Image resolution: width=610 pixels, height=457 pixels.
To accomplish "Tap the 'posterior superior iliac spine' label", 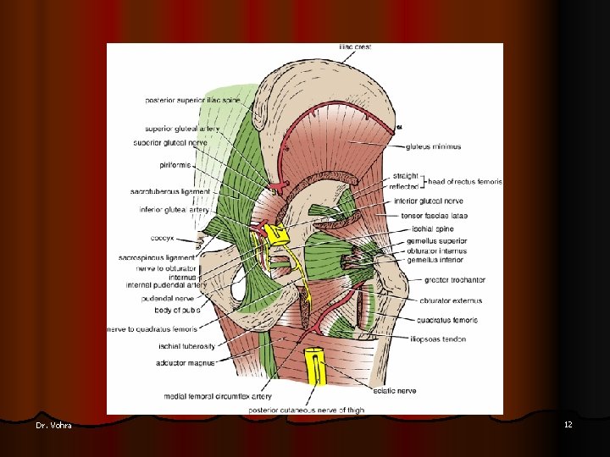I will click(192, 101).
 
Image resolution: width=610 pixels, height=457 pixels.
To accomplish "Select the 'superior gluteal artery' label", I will click(182, 129).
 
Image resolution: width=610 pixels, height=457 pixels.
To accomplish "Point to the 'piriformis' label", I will click(174, 164).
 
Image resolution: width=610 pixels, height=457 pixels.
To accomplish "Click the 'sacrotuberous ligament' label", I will click(169, 192).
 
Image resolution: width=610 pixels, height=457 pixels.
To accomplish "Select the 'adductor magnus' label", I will click(185, 362).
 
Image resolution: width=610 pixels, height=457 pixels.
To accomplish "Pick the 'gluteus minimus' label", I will click(433, 146).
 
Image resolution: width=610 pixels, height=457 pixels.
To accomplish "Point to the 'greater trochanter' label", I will click(455, 279).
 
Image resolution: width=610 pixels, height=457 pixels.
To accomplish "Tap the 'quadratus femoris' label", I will click(447, 320).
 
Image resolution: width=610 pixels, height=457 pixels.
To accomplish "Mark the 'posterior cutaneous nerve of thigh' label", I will click(307, 410).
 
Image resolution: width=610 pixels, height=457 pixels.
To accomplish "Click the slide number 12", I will click(568, 424).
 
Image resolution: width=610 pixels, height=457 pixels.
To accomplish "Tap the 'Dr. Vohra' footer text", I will click(54, 425).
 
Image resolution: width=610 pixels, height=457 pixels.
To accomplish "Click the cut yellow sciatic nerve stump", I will click(315, 364).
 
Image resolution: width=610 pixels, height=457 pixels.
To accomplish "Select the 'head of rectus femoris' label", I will click(464, 181).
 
